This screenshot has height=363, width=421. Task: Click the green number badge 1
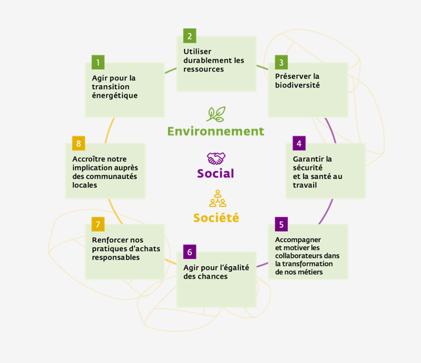[x=98, y=62]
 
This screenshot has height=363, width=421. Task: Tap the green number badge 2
[x=190, y=36]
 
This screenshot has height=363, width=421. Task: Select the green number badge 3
[x=282, y=62]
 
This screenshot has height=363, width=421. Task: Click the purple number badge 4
[x=299, y=143]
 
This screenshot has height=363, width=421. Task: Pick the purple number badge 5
[x=282, y=224]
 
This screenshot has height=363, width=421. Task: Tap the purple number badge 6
[x=190, y=252]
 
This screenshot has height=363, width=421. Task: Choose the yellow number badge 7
[x=98, y=224]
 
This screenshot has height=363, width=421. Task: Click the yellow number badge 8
[x=79, y=143]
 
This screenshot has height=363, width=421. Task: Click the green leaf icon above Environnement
[x=216, y=114]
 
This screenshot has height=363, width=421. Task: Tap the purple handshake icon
[x=216, y=158]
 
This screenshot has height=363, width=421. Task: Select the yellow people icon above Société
[x=218, y=198]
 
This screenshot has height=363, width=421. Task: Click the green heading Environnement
[x=216, y=131]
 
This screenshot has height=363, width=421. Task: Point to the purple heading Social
[x=216, y=174]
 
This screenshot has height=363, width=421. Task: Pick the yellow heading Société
[x=216, y=217]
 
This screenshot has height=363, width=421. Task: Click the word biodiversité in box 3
[x=297, y=85]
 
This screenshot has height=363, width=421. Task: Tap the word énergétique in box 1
[x=115, y=96]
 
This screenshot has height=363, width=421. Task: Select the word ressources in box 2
[x=203, y=69]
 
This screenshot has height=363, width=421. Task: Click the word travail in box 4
[x=305, y=185]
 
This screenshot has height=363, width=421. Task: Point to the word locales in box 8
[x=85, y=185]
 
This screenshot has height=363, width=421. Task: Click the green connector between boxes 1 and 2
[x=170, y=70]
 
